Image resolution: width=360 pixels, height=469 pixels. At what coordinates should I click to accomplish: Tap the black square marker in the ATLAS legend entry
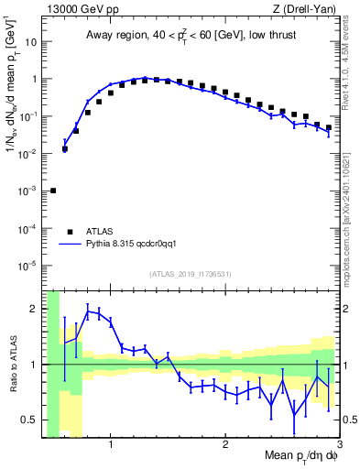(70, 232)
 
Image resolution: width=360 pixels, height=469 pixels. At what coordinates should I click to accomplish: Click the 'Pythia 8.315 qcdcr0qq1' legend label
(138, 245)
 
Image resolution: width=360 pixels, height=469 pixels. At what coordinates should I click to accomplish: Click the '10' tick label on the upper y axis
(31, 42)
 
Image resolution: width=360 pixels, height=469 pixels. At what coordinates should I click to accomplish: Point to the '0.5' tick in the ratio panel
(30, 420)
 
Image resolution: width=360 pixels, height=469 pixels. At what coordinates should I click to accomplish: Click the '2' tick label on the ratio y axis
(35, 309)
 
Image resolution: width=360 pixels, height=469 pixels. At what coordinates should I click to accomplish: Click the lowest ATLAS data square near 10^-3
(53, 191)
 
